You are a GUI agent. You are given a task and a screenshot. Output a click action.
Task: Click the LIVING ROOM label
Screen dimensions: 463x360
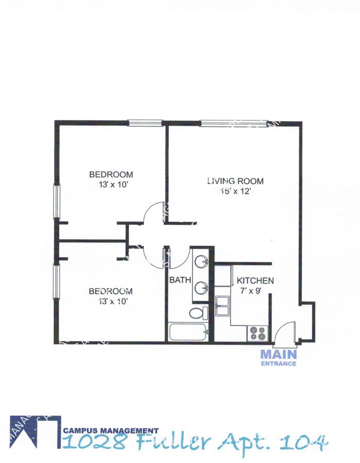(236, 181)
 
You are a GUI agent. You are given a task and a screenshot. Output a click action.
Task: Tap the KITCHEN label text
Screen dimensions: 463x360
(255, 281)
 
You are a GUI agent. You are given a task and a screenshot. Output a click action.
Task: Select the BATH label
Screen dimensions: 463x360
(181, 281)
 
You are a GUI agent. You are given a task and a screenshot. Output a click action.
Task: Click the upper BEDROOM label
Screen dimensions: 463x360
(111, 174)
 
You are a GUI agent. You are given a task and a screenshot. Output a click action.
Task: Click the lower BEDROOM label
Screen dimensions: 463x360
(111, 291)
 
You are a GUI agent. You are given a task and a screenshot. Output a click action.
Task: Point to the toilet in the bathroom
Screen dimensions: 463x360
(198, 313)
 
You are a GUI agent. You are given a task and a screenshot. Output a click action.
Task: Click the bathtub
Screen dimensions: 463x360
(188, 332)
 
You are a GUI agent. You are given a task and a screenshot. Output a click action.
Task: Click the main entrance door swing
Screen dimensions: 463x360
(284, 333)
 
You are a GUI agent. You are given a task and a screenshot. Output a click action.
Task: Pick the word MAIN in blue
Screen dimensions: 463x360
(278, 354)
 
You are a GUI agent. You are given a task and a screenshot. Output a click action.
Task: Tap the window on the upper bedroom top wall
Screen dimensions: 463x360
(146, 123)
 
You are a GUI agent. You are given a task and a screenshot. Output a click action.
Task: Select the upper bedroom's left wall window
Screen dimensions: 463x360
(57, 201)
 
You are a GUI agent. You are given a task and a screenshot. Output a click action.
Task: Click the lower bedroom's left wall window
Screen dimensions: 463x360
(57, 281)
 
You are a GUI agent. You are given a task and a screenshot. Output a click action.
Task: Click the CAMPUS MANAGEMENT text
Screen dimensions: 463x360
(111, 431)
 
